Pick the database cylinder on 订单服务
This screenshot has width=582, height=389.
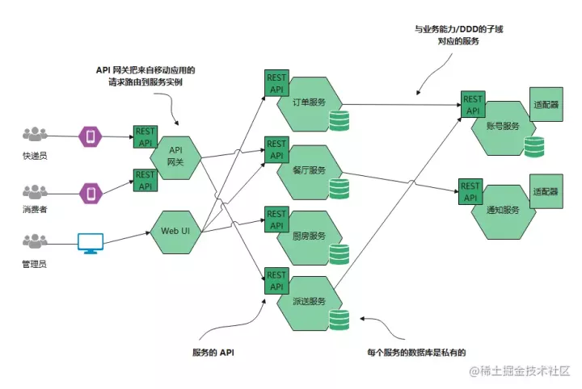coord(339,122)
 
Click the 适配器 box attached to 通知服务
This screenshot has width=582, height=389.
coord(546,193)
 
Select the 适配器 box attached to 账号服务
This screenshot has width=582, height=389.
coord(546,105)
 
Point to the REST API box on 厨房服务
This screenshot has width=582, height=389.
coord(276,219)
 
